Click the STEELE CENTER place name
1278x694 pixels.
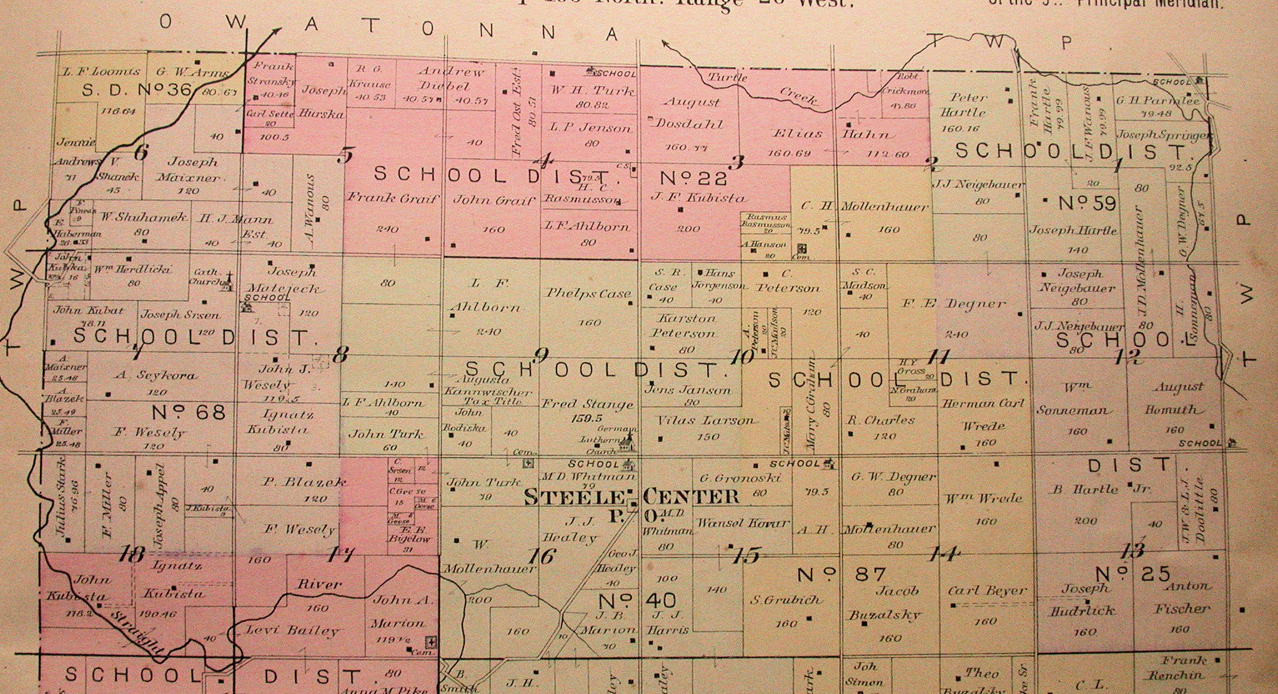pos(631,497)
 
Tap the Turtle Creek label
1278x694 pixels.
pos(761,88)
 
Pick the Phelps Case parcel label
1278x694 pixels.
pos(588,293)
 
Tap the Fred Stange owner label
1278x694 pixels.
pos(587,404)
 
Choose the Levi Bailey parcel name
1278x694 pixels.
pos(292,630)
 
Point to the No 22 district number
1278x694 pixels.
pos(693,179)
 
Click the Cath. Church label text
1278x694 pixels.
pos(206,276)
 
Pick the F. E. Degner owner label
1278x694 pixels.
pos(954,305)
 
